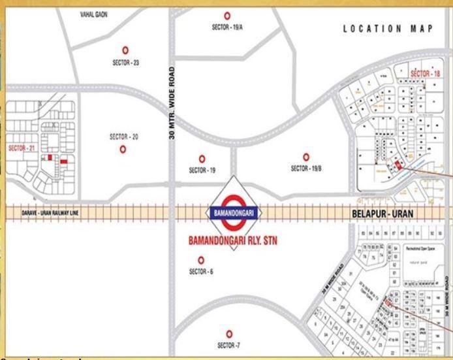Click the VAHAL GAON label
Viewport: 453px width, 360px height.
pos(94,14)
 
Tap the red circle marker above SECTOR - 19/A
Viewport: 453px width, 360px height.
pos(227,16)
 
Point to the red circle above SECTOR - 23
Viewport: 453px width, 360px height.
pos(125,50)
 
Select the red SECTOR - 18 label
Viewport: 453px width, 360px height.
pos(425,74)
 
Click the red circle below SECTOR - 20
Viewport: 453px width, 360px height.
pos(123,149)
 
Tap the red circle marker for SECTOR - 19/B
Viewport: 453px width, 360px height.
pos(305,156)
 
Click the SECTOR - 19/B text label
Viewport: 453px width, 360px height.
pos(305,168)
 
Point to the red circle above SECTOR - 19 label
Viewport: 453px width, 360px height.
pos(202,159)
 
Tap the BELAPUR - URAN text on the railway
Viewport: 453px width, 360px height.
pos(379,213)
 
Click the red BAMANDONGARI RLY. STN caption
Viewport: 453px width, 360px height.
pos(233,240)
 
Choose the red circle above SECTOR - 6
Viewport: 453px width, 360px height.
pos(201,260)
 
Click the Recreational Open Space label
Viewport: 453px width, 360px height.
pos(421,249)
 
